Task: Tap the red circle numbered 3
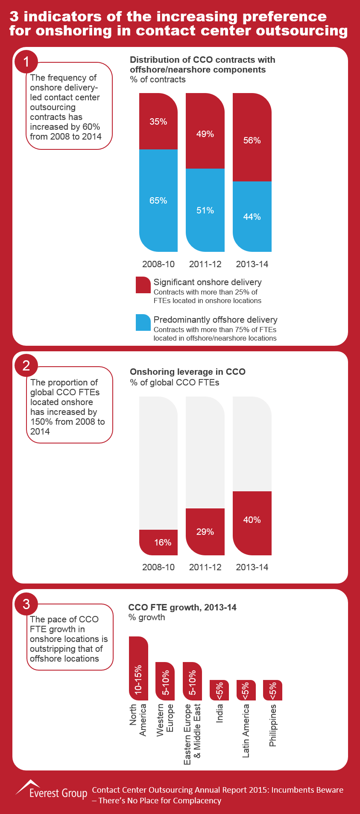pyautogui.click(x=26, y=604)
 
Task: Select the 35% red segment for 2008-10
pyautogui.click(x=158, y=121)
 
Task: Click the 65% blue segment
pyautogui.click(x=158, y=200)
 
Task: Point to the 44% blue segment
pyautogui.click(x=252, y=216)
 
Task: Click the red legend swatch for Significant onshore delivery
pyautogui.click(x=143, y=285)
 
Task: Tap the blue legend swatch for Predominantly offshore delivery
pyautogui.click(x=143, y=322)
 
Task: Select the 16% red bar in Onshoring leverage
pyautogui.click(x=158, y=542)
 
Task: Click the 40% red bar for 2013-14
pyautogui.click(x=252, y=523)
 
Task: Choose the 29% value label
pyautogui.click(x=205, y=532)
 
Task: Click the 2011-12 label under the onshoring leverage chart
pyautogui.click(x=205, y=567)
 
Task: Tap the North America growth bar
pyautogui.click(x=138, y=668)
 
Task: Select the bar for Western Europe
pyautogui.click(x=165, y=681)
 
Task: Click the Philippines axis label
pyautogui.click(x=273, y=726)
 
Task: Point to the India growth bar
pyautogui.click(x=219, y=690)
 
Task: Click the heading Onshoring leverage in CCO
pyautogui.click(x=187, y=372)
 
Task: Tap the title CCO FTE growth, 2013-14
pyautogui.click(x=182, y=607)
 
